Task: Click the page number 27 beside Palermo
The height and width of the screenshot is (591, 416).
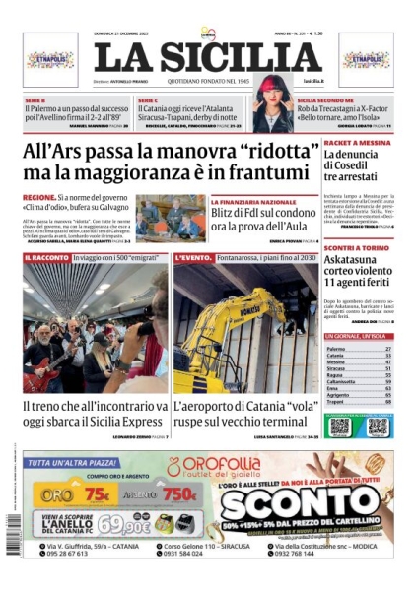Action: [388, 349]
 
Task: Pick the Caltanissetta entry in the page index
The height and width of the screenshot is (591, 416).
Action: [344, 379]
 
